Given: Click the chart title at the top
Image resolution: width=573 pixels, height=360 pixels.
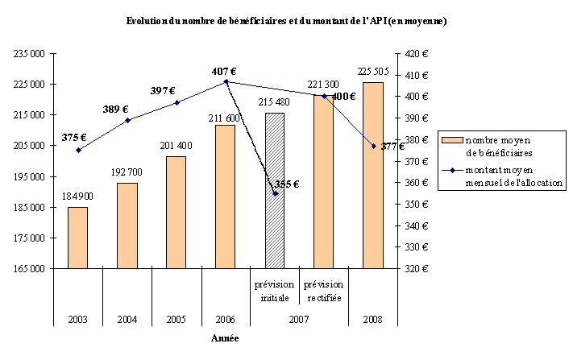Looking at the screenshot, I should (x=286, y=20).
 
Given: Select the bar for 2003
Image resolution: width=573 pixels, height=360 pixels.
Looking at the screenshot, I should (x=77, y=237).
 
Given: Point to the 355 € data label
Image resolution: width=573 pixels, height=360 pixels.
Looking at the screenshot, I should (x=286, y=184).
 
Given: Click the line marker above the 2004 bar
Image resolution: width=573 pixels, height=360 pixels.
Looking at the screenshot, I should (x=127, y=120).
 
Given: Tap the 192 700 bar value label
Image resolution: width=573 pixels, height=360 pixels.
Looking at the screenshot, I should (x=127, y=173).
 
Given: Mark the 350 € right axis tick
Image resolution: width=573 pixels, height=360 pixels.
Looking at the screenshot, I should (x=416, y=204).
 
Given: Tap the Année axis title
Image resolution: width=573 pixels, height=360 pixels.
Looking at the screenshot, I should (x=226, y=338).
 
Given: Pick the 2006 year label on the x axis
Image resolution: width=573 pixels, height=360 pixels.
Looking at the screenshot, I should (x=225, y=318).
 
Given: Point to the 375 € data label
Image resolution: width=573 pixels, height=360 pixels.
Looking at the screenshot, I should (x=74, y=137).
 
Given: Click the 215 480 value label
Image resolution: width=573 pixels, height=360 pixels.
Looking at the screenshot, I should (x=275, y=102).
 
